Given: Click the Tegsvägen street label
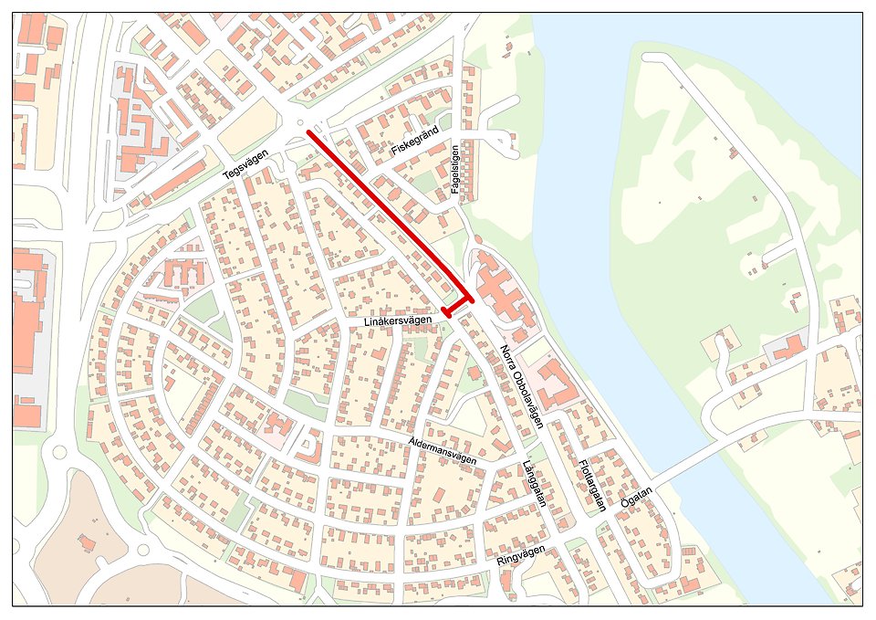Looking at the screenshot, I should pos(249,163).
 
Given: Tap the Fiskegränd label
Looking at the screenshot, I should pos(415,141).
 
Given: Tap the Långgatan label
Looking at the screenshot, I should pos(535,484).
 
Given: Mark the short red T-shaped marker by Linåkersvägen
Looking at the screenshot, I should pos(459,306).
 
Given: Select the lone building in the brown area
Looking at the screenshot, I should pos(88,544).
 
